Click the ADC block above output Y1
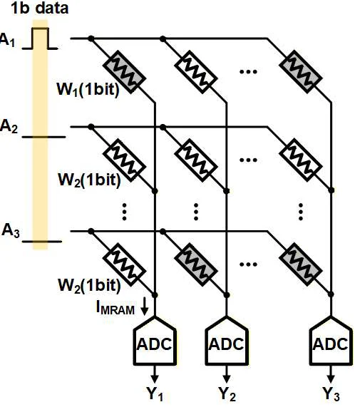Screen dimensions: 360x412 [155, 341]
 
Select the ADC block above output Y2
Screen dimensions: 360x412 [227, 341]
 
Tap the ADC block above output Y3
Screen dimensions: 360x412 [331, 341]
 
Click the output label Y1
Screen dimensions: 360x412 [155, 394]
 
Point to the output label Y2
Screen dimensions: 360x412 [227, 394]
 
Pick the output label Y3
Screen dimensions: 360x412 [331, 394]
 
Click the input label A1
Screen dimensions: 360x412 [7, 40]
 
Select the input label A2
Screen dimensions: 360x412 [9, 126]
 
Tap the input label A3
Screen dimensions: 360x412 [11, 231]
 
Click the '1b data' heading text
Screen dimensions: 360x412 [39, 9]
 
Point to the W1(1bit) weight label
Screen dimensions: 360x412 [88, 90]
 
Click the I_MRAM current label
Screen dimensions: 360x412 [115, 307]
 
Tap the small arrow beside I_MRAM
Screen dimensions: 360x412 [144, 308]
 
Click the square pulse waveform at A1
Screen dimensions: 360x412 [40, 38]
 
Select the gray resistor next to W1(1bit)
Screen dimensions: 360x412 [124, 72]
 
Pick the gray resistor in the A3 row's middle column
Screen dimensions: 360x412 [196, 264]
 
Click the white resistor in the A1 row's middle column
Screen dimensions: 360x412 [196, 72]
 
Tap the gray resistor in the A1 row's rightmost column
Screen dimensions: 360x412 [301, 72]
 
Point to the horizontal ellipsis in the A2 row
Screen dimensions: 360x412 [248, 160]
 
